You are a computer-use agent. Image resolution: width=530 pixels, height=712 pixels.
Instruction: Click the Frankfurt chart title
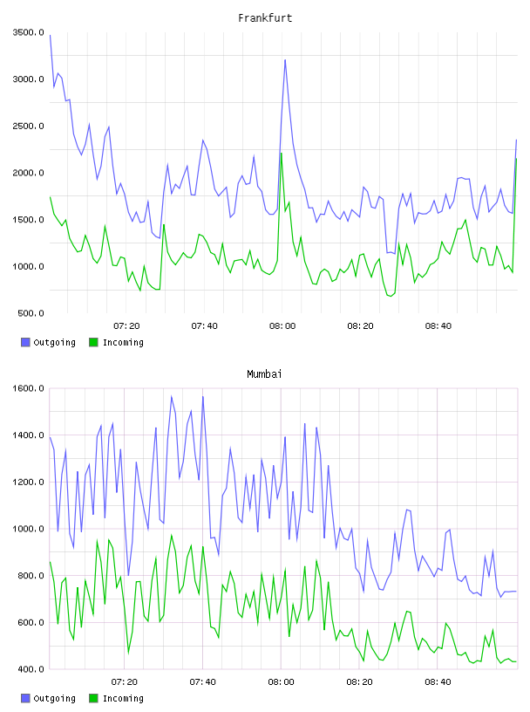point(265,18)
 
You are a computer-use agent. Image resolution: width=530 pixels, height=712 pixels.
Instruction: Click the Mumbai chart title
point(264,374)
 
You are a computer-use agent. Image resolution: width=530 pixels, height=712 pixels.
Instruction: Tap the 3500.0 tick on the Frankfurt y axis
point(29,32)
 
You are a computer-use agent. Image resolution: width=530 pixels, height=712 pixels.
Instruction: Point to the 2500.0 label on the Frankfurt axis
point(29,126)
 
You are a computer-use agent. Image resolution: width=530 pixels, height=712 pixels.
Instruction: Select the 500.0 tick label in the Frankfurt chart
point(31,313)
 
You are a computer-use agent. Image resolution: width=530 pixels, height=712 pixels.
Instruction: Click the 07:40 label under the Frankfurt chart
point(204,326)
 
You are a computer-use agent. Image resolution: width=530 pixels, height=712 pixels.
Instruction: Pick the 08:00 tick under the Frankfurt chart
point(282,326)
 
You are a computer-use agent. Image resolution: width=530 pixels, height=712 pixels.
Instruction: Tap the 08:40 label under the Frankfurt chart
point(438,326)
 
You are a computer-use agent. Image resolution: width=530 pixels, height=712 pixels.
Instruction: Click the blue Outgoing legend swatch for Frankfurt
point(25,342)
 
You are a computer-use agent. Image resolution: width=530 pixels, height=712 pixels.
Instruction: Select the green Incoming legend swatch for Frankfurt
point(93,342)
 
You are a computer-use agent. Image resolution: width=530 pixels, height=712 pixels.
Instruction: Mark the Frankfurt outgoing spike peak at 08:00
point(285,59)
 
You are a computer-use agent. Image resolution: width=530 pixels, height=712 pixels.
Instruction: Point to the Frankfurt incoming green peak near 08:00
point(282,153)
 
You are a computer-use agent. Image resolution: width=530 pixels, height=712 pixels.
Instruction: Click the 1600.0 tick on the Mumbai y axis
point(29,388)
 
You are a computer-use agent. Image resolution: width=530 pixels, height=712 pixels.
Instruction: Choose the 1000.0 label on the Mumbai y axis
point(29,529)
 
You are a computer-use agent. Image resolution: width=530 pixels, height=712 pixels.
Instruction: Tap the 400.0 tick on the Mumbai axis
point(31,669)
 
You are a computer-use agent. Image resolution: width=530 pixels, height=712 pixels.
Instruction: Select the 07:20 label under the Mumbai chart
point(125,682)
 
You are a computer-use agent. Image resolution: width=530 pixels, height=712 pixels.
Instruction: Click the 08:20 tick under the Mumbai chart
point(359,682)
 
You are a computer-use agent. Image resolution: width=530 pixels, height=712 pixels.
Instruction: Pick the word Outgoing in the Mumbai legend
point(54,698)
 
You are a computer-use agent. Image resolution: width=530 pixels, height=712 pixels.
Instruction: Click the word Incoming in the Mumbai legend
point(123,698)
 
